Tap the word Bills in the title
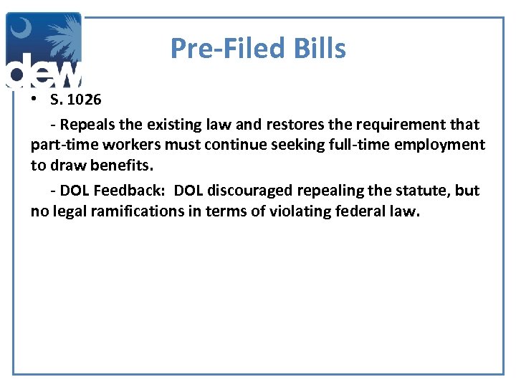click(320, 49)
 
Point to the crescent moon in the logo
click(22, 30)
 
